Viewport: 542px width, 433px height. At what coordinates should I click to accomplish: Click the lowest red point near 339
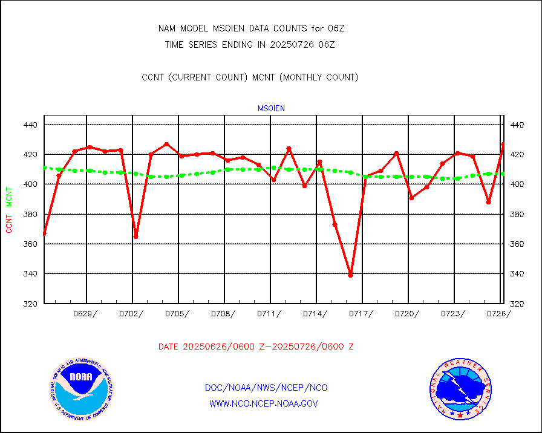pyautogui.click(x=350, y=275)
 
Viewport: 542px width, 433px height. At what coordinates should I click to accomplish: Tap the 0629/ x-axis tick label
pyautogui.click(x=85, y=313)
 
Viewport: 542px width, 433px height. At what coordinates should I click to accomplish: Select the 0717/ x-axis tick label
pyautogui.click(x=361, y=313)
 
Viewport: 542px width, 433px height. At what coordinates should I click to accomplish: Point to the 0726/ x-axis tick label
pyautogui.click(x=499, y=313)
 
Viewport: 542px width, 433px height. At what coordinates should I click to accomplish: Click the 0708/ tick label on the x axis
pyautogui.click(x=223, y=313)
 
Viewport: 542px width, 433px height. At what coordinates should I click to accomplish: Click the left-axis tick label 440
pyautogui.click(x=31, y=125)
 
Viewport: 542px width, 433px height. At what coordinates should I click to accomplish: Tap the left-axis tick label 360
pyautogui.click(x=31, y=244)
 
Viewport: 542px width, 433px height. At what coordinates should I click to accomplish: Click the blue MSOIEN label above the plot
pyautogui.click(x=271, y=109)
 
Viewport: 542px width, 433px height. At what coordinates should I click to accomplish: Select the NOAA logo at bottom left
pyautogui.click(x=81, y=387)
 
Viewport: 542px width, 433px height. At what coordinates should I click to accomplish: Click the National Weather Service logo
pyautogui.click(x=460, y=389)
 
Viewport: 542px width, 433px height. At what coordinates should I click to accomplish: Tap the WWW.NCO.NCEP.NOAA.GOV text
pyautogui.click(x=263, y=403)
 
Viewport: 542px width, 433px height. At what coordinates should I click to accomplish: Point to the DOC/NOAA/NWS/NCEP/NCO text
pyautogui.click(x=266, y=388)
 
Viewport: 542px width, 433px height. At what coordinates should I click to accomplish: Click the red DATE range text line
pyautogui.click(x=256, y=347)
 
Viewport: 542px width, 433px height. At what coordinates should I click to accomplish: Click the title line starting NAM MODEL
pyautogui.click(x=251, y=28)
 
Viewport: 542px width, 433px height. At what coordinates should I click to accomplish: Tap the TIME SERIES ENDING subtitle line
pyautogui.click(x=250, y=44)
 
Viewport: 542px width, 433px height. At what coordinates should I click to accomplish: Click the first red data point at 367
pyautogui.click(x=44, y=233)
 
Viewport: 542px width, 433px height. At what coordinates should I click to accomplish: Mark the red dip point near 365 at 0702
pyautogui.click(x=135, y=236)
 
